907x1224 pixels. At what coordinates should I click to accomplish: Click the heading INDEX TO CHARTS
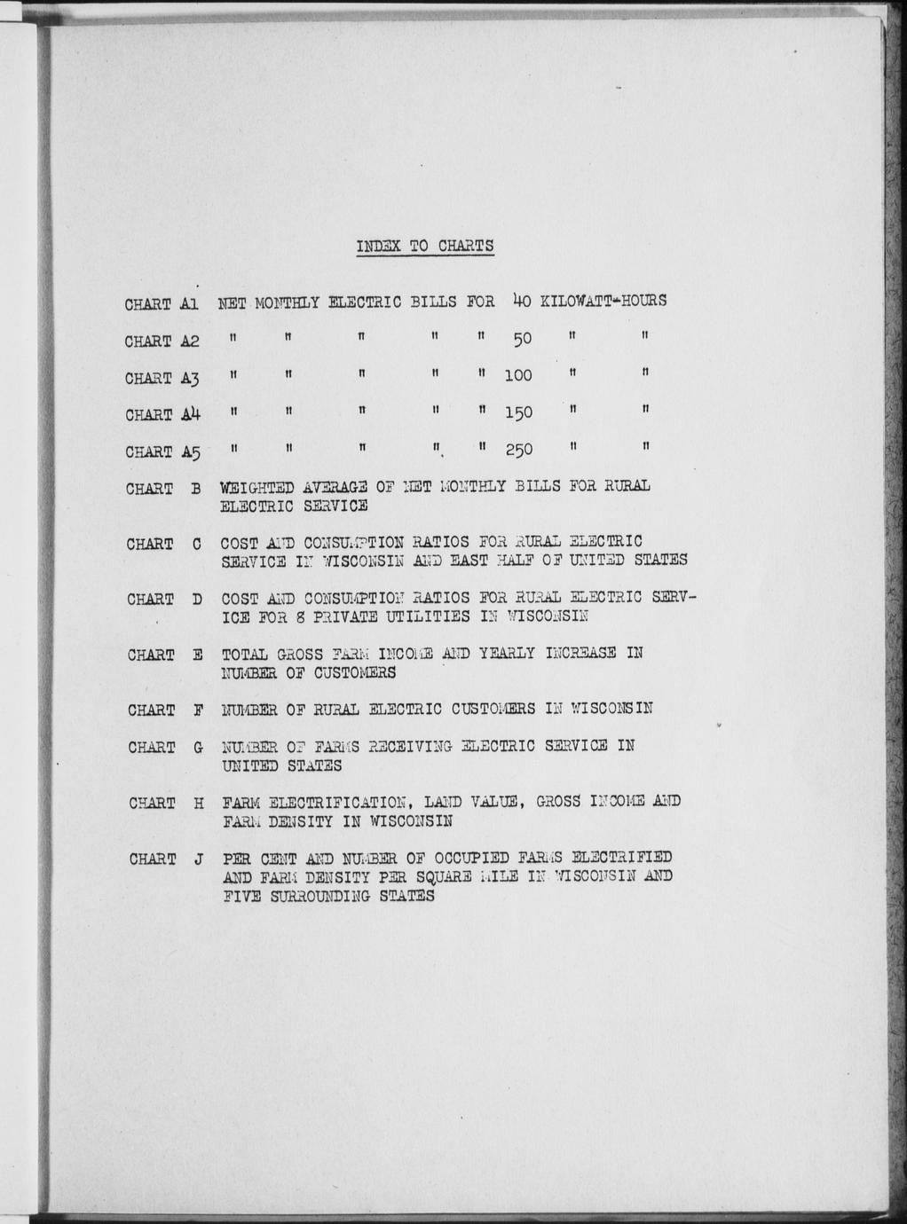click(425, 246)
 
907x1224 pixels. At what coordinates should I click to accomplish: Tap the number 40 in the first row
click(521, 301)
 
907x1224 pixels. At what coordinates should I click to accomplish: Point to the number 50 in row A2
click(522, 340)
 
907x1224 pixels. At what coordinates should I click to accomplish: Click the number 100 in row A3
click(517, 376)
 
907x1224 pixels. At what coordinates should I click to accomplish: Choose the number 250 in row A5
click(518, 451)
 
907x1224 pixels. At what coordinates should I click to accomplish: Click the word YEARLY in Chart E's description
click(507, 654)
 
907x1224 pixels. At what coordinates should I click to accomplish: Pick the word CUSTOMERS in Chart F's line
click(493, 709)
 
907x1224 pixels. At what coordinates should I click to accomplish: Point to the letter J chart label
click(197, 859)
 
